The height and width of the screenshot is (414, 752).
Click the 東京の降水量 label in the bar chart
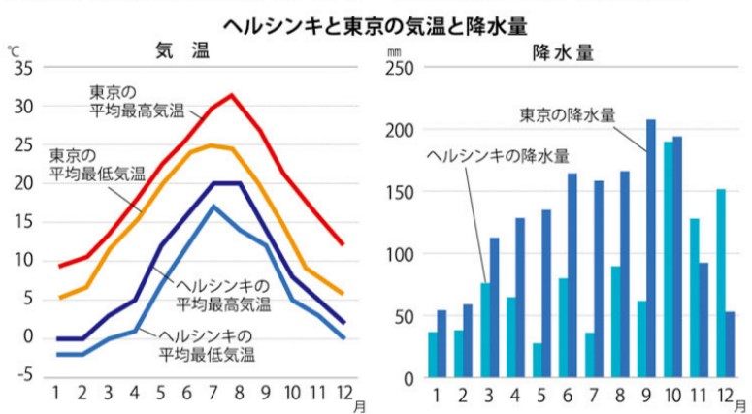(x=568, y=114)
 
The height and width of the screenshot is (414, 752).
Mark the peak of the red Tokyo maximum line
(x=231, y=95)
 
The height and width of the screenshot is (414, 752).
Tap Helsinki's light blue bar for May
(x=537, y=360)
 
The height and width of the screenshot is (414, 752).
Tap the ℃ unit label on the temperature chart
(x=14, y=48)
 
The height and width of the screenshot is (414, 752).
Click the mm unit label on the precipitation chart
(x=393, y=48)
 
